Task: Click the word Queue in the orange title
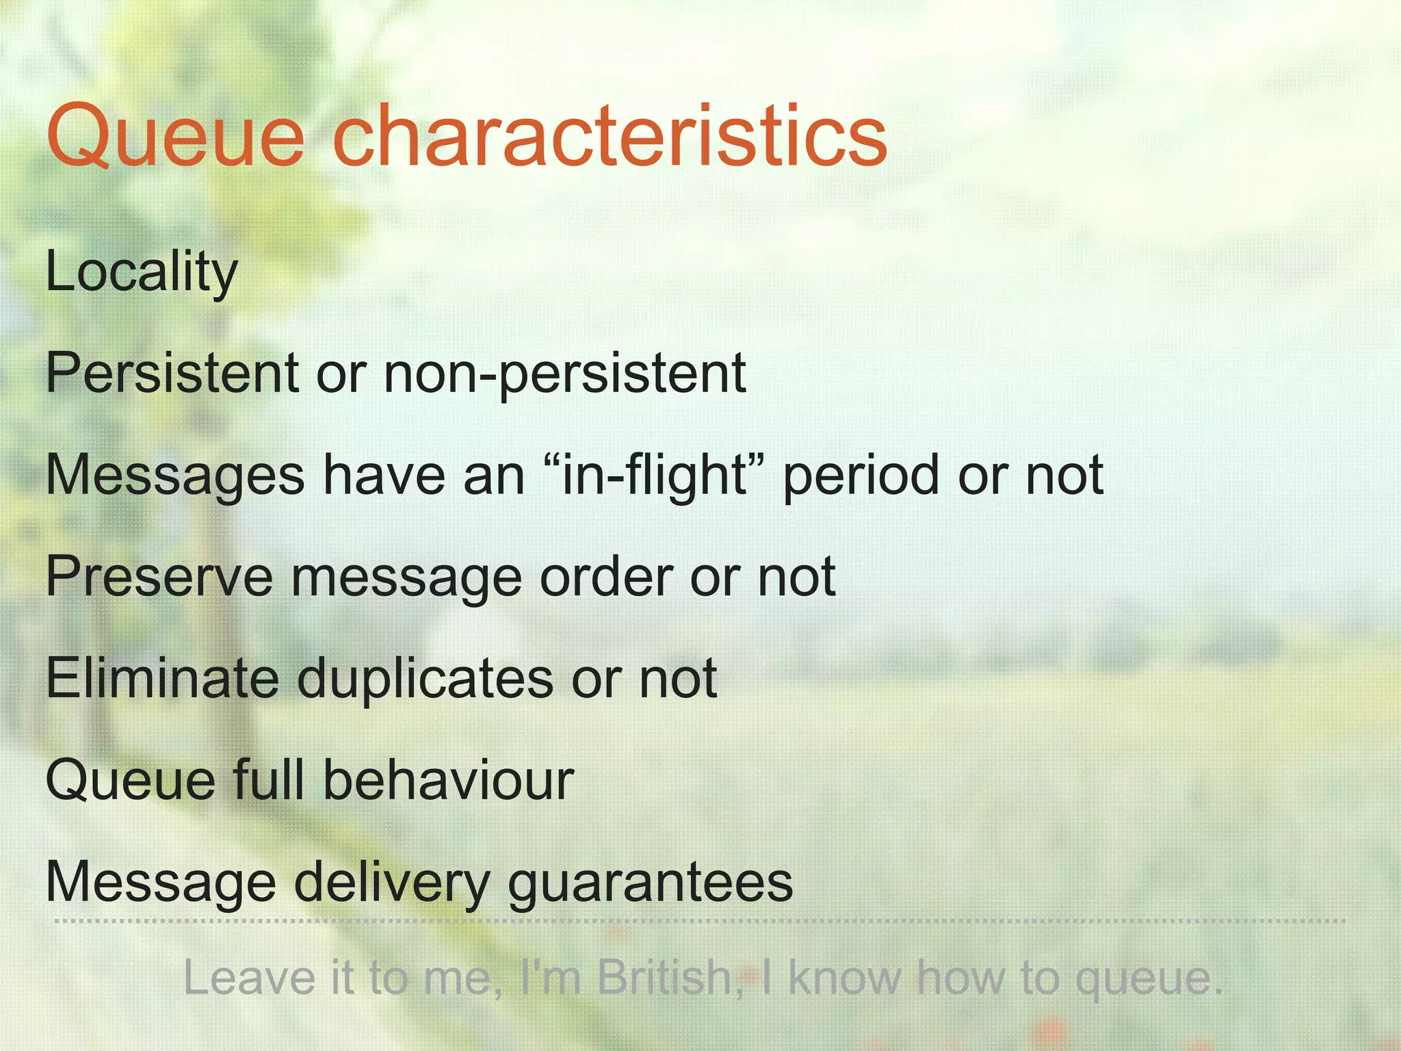[175, 137]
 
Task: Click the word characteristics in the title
[609, 137]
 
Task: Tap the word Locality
[142, 272]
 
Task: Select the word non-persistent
[564, 374]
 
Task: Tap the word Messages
[175, 476]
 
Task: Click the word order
[605, 577]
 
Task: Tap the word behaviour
[448, 780]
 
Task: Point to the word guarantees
[650, 883]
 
